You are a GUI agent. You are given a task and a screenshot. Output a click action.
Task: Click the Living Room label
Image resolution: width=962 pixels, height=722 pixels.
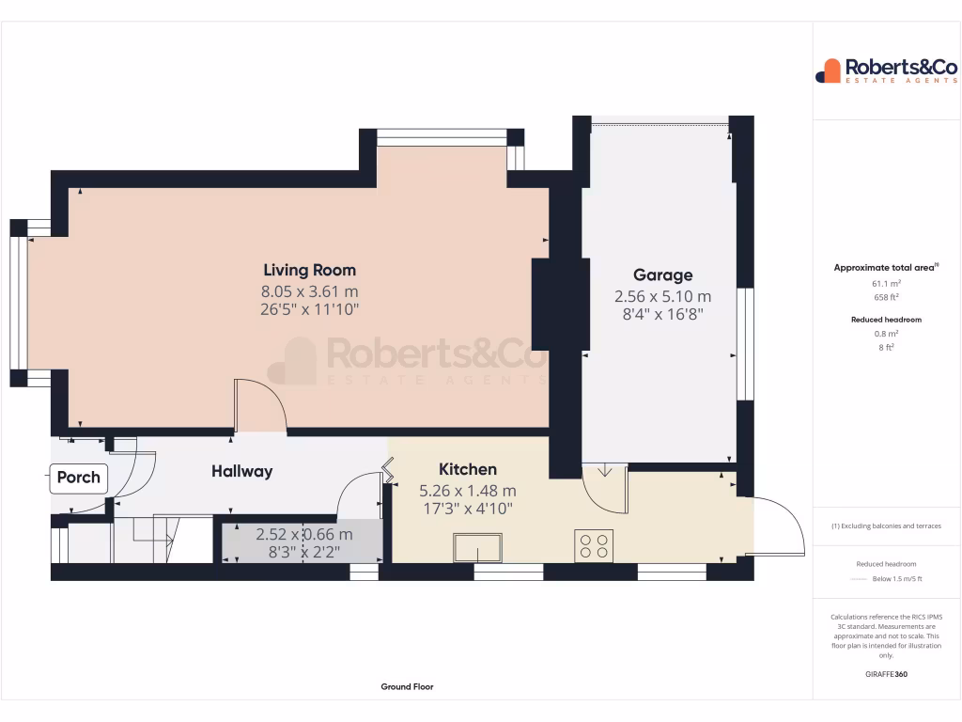coord(309,271)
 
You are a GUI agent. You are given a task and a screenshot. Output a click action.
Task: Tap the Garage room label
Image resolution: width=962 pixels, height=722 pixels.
coord(662,275)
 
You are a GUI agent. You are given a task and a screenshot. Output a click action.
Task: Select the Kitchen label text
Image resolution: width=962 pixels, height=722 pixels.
coord(467,470)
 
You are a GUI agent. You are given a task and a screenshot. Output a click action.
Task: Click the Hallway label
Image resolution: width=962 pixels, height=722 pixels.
coord(241,472)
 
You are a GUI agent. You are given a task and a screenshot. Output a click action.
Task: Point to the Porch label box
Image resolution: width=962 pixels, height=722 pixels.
coord(78,478)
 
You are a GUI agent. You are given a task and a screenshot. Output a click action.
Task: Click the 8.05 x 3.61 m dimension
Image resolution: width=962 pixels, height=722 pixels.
coord(309,291)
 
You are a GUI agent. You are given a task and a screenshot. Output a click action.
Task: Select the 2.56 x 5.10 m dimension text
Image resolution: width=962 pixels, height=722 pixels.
coord(662,296)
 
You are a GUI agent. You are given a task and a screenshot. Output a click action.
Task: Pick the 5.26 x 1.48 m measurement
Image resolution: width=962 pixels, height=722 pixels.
coord(467,491)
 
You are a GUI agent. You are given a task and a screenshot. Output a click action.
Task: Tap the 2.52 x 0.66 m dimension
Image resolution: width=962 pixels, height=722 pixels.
coord(303,535)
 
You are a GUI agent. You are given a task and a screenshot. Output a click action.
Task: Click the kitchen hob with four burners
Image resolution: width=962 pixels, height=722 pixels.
coord(594,546)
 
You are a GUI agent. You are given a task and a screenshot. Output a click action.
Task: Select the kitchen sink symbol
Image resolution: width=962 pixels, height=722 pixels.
coord(477,547)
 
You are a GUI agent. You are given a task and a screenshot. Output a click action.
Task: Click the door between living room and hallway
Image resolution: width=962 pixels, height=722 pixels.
coord(259,406)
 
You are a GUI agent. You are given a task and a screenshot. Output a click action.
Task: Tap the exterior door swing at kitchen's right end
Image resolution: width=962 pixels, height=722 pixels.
coord(779,526)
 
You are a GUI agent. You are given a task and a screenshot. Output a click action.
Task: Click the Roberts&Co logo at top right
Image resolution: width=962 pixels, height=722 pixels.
coord(886,71)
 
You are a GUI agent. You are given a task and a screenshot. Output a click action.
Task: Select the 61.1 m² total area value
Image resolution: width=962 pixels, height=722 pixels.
coord(887,283)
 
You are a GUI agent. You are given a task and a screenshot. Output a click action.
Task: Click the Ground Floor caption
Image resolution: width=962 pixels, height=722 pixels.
coord(407,687)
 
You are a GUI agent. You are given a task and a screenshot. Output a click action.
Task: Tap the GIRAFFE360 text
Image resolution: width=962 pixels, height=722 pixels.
coord(887,674)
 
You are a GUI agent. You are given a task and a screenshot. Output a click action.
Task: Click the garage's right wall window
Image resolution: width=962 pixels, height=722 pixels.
coord(745,343)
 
